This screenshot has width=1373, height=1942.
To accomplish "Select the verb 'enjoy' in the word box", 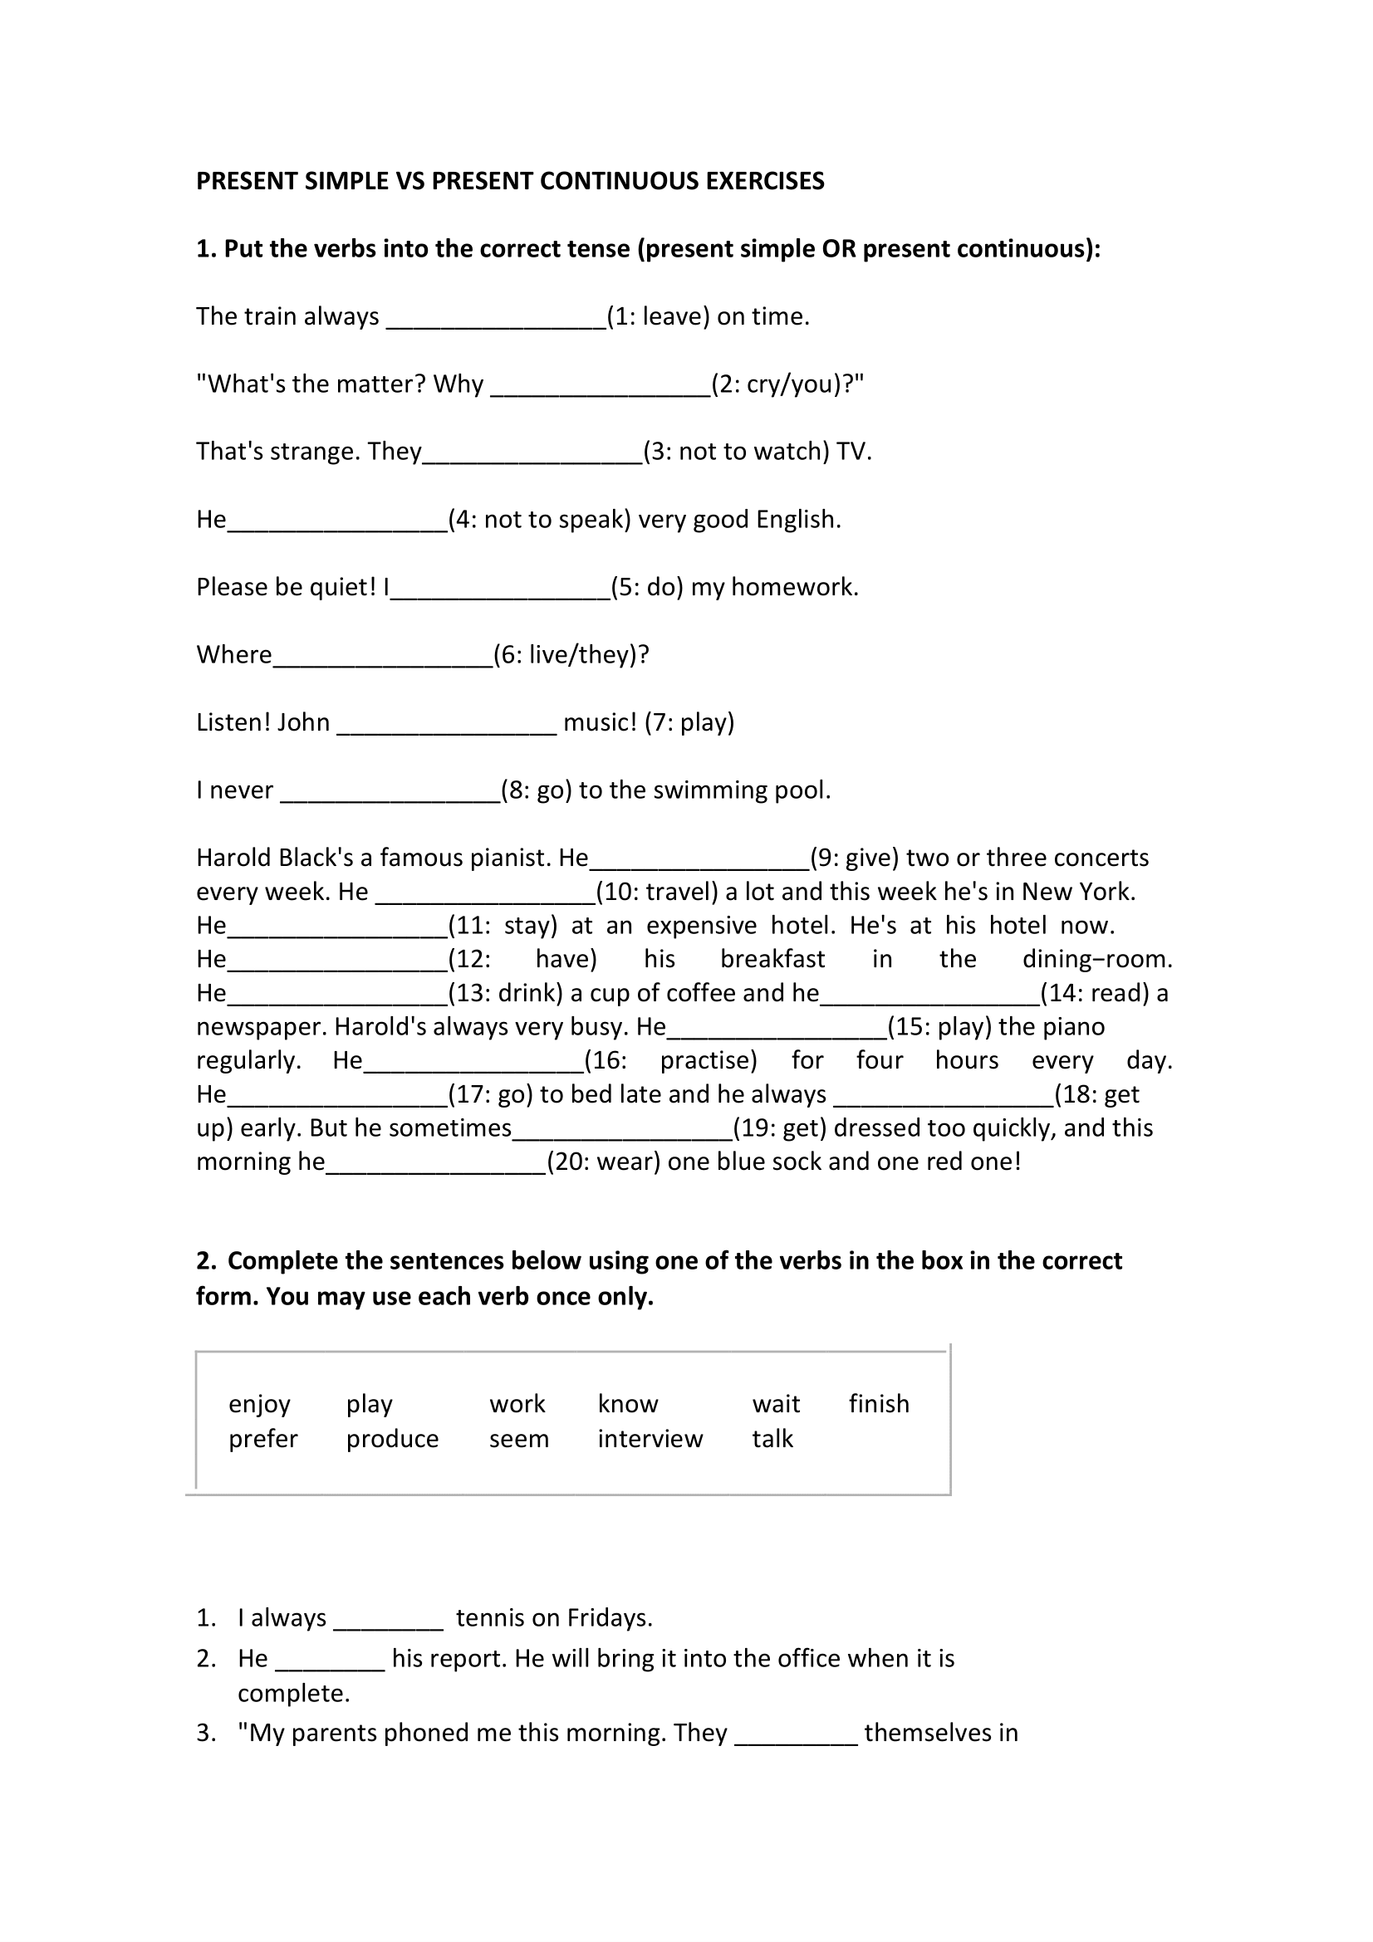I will (260, 1404).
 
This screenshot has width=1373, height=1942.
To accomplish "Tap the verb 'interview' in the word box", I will (650, 1439).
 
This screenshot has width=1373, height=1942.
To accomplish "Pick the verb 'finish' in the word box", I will (879, 1404).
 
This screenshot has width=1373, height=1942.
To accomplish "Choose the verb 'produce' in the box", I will (393, 1439).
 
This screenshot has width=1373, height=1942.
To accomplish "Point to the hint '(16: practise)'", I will (671, 1060).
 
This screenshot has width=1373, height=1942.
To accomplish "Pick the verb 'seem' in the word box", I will (518, 1439).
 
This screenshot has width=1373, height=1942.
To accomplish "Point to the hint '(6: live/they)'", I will (571, 654).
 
